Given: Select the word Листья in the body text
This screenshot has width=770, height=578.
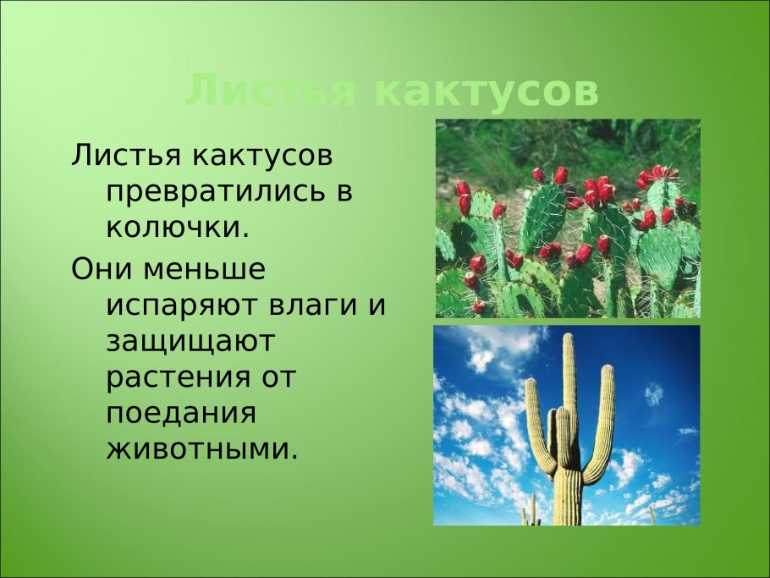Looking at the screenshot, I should [126, 156].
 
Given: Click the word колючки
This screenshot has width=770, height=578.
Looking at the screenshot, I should [179, 228].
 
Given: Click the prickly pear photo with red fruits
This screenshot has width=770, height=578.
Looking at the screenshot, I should [567, 218].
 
